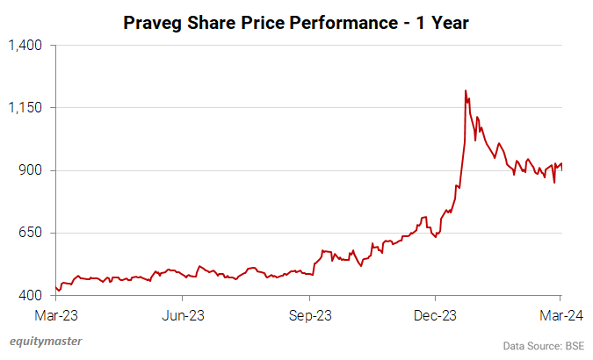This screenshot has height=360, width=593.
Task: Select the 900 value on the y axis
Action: pos(31,170)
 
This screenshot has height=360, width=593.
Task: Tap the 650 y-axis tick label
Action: pos(31,233)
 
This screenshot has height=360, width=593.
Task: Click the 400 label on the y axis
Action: pos(31,296)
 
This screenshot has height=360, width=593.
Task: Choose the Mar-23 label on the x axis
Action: pos(55,313)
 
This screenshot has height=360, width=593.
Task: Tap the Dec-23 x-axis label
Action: pos(436,313)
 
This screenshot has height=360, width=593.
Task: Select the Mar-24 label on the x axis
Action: pos(560,313)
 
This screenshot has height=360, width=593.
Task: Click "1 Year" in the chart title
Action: pos(443,23)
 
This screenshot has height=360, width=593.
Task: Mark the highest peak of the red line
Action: pos(465,90)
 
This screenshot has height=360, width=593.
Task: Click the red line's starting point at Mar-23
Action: pos(55,286)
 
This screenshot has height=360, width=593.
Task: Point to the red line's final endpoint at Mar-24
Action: pos(561,164)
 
